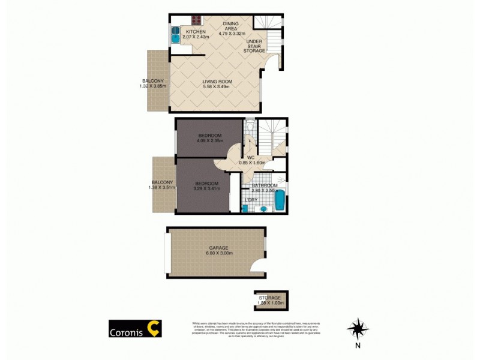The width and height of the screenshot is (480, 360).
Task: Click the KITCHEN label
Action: tap(196, 32)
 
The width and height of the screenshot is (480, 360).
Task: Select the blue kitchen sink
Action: tap(175, 34)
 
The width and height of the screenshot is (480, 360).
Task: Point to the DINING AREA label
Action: tap(231, 24)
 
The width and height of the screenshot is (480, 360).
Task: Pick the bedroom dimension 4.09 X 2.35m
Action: tap(210, 141)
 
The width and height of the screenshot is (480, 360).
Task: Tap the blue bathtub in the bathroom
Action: tap(280, 200)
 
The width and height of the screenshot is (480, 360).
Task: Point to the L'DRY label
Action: tap(251, 199)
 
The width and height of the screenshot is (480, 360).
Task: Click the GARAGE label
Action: tap(218, 248)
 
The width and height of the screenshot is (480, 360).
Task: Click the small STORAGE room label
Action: tap(270, 298)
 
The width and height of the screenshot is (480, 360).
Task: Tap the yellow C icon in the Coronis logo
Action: tap(154, 328)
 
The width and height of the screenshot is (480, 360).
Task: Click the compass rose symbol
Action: tap(358, 328)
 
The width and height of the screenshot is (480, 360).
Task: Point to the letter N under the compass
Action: tap(358, 346)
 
